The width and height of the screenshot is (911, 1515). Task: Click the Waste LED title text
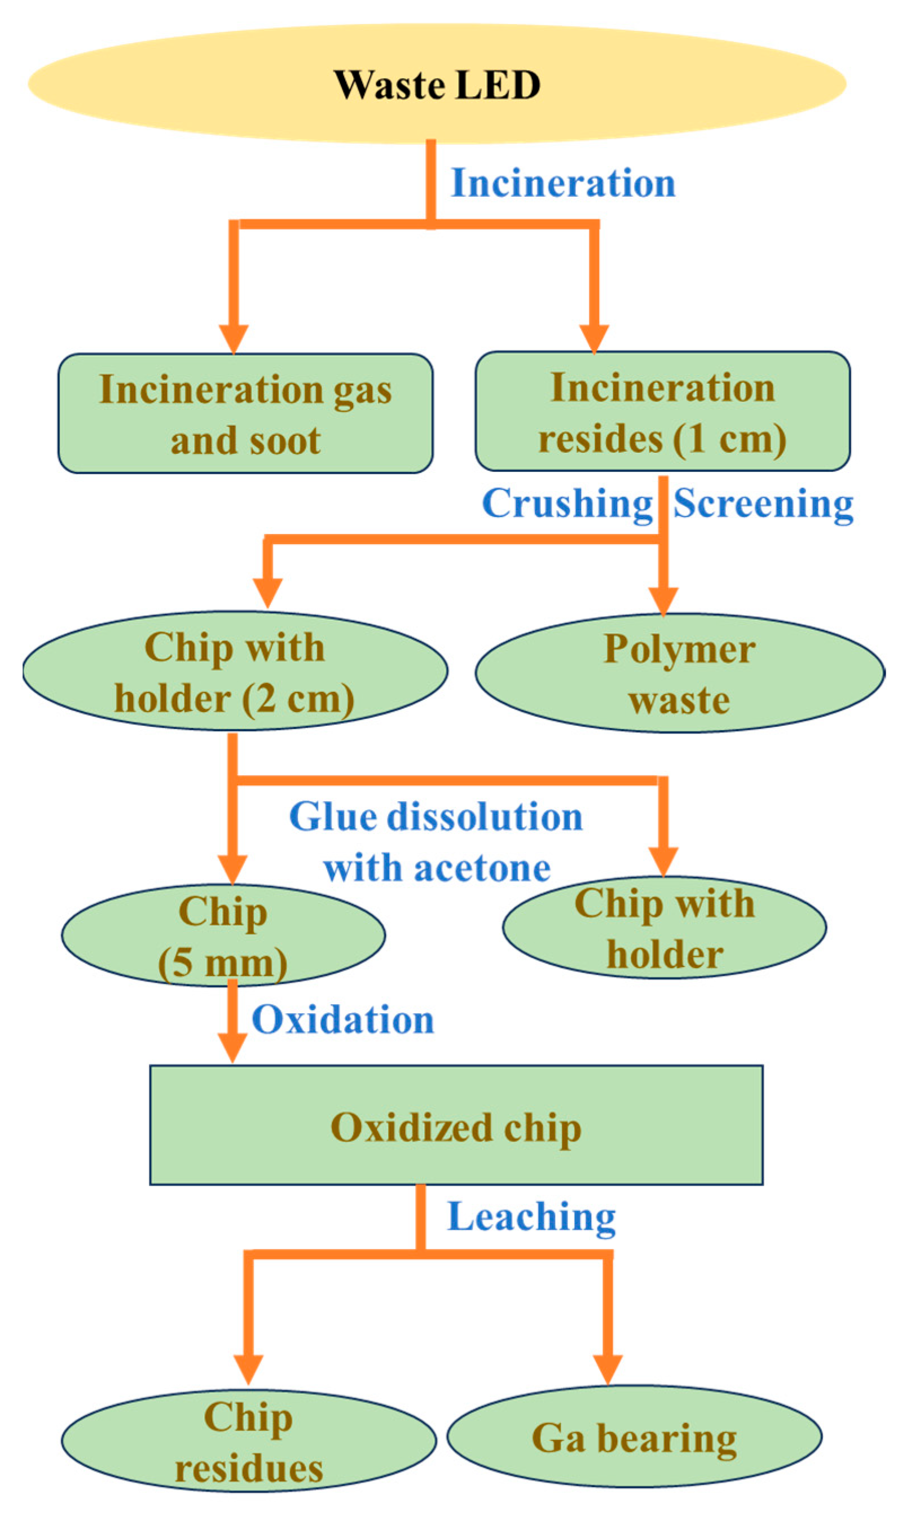coord(437,85)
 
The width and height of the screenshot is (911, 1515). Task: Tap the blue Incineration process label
coord(563,183)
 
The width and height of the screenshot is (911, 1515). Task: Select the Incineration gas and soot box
coord(245,414)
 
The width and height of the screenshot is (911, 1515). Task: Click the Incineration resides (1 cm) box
coord(662,412)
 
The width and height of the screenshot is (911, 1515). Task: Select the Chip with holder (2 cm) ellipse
coord(235,672)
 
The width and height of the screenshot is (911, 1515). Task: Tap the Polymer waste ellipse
coord(679,673)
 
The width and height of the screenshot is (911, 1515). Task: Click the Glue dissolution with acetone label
coord(436,842)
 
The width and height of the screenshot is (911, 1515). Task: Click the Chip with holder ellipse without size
coord(664,928)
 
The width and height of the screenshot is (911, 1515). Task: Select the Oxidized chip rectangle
coord(456,1125)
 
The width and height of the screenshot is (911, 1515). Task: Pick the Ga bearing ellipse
coord(633,1437)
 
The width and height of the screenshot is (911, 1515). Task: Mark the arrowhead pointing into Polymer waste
coord(663,599)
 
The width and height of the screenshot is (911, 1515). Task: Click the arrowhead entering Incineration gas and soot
coord(234,338)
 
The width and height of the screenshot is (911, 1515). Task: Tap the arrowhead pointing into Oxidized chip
coord(232,1047)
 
